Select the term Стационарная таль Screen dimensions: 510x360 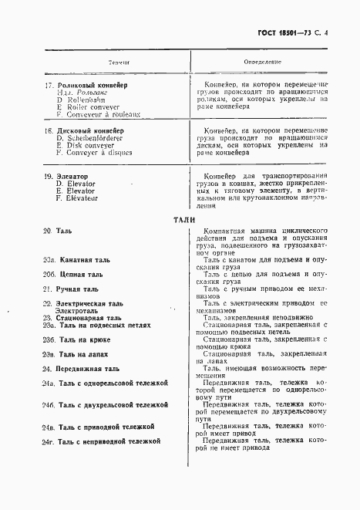coord(88,318)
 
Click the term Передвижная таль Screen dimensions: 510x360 coord(87,369)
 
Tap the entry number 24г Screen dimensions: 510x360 coord(49,441)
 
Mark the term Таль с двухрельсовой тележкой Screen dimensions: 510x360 coord(111,404)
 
